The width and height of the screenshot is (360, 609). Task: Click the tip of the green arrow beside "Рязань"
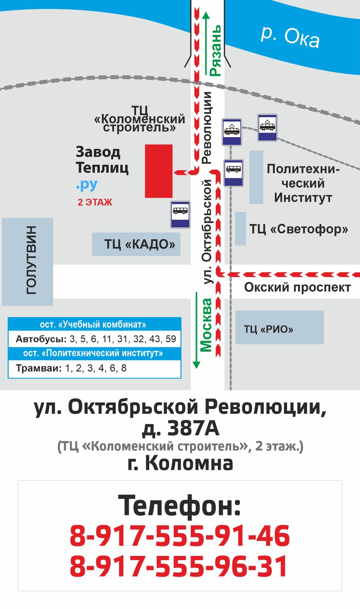pos(206,12)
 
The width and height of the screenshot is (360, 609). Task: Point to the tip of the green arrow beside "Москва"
pos(196,369)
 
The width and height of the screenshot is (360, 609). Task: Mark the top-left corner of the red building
pos(145,144)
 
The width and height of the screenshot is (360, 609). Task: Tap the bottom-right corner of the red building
pos(172,198)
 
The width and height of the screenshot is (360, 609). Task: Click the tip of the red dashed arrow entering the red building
pos(174,172)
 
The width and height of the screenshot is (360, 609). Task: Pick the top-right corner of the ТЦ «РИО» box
pos(324,311)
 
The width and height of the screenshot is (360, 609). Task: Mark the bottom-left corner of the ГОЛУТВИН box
pos(2,305)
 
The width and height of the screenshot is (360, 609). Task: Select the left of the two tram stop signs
pos(232,132)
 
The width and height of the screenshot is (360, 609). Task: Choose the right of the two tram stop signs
pos(267,128)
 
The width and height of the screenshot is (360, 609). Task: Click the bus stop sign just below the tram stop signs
pos(233,173)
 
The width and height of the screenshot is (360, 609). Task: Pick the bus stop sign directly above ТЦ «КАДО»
pos(180,214)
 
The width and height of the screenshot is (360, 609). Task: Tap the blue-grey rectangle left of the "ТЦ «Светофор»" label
pos(240,228)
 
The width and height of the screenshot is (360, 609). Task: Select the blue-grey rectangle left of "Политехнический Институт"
pos(256,177)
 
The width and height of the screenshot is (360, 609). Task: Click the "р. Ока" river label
pos(290,38)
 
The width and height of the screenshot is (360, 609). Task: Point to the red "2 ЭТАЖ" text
pos(95,202)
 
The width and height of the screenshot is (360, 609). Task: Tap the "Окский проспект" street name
pos(298,287)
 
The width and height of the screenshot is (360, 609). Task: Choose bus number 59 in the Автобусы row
pos(171,339)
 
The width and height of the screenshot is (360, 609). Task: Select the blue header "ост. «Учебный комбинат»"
pos(93,325)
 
